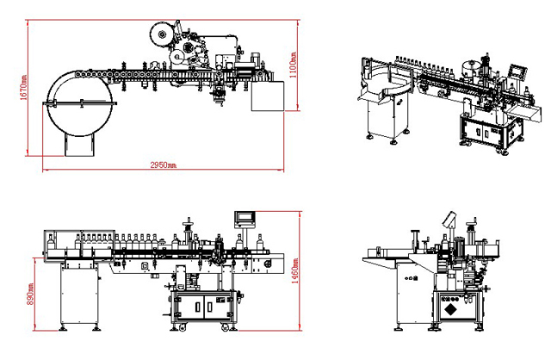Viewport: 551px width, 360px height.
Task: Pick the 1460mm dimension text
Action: point(296,274)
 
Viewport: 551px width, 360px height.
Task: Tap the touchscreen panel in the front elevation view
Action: point(245,219)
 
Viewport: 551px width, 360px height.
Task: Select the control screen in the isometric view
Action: point(516,72)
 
